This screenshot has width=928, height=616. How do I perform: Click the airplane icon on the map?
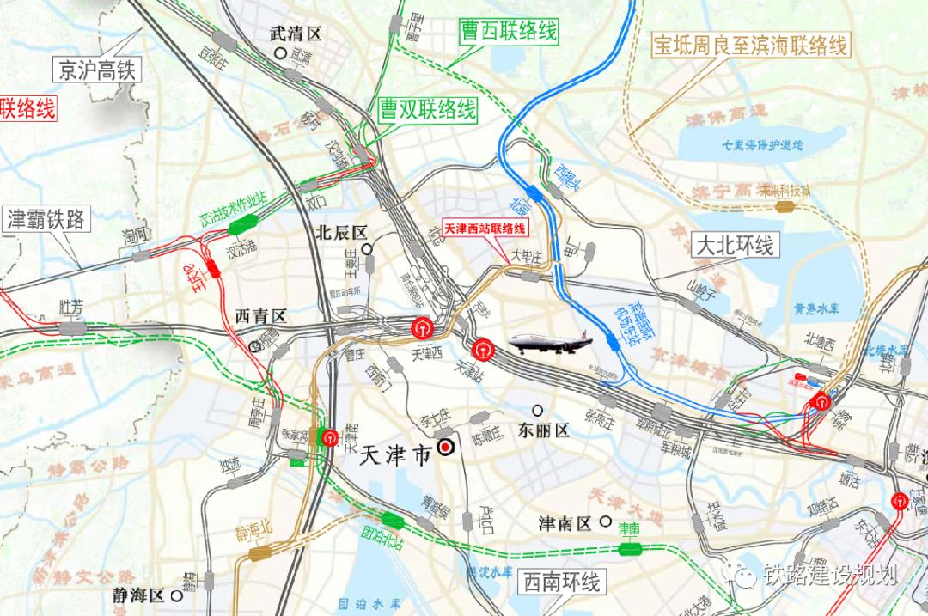coord(551,343)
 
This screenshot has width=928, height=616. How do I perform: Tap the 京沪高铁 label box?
coord(95,70)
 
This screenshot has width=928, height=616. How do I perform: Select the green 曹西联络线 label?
coord(506,33)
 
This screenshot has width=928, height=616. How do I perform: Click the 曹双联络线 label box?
coord(427,109)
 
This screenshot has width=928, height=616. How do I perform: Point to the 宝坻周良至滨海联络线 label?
coord(751,45)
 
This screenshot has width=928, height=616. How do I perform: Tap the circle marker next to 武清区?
coord(280,53)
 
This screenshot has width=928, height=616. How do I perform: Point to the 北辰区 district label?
coord(341,232)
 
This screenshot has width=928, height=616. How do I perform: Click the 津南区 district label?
coord(564,522)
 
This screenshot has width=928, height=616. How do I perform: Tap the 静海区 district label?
coord(138,595)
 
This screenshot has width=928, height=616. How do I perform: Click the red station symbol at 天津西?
coord(421,327)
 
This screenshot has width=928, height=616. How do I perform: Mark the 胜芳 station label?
coord(70,306)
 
